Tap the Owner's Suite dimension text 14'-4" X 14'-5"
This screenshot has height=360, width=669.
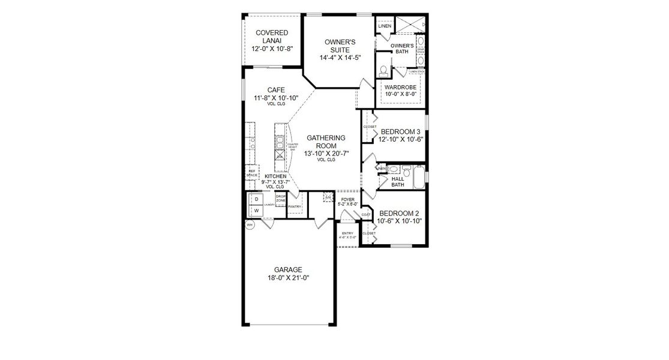point(340,58)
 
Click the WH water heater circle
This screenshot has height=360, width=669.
point(249,224)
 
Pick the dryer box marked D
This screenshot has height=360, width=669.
point(256,199)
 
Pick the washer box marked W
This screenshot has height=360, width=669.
point(256,211)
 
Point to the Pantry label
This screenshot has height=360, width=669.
point(294,206)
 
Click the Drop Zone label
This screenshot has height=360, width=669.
point(280,198)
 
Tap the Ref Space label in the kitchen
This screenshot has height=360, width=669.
point(252,173)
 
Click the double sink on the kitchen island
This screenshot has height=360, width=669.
point(280,142)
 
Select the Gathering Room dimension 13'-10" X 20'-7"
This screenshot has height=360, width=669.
point(326,154)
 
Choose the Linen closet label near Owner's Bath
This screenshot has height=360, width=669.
point(385,26)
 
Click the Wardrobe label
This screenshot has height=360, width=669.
point(401,87)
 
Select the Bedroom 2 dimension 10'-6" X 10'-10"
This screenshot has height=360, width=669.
point(400,221)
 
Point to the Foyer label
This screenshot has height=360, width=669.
point(347,199)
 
